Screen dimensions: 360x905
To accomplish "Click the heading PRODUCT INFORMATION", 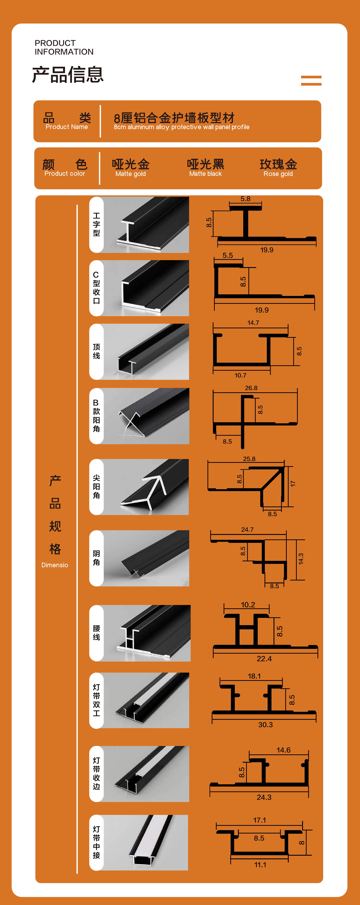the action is click(x=64, y=47).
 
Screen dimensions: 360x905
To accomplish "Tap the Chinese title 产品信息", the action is click(x=68, y=74).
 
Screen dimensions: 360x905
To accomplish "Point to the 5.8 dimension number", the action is click(x=246, y=199).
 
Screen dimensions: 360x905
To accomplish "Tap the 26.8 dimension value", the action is click(x=251, y=388).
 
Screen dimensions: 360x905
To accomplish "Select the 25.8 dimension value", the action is click(x=249, y=459).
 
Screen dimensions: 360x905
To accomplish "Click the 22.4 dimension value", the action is click(x=264, y=659).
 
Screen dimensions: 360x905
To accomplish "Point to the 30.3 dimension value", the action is click(x=266, y=725).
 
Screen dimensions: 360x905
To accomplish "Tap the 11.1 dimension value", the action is click(x=260, y=865).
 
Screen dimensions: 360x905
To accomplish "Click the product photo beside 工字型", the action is click(x=146, y=225).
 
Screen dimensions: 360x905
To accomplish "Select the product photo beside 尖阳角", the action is click(x=146, y=487).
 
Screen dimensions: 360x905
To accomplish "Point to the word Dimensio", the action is click(x=55, y=565).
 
